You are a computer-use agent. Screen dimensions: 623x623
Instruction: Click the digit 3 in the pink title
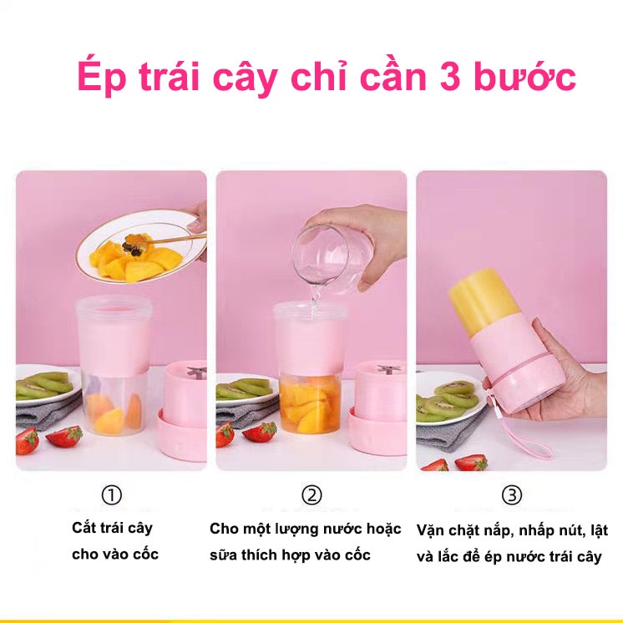(451, 76)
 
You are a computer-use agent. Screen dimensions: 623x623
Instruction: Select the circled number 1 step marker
(112, 495)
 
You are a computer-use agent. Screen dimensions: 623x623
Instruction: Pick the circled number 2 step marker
(311, 495)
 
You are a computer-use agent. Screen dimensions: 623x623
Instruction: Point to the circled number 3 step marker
(512, 495)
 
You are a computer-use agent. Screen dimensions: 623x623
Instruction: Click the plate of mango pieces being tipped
(141, 246)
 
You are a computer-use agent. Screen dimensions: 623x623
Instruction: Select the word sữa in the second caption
(223, 555)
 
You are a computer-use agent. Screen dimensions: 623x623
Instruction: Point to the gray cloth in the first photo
(48, 411)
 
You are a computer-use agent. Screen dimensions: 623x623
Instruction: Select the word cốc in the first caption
(146, 554)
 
